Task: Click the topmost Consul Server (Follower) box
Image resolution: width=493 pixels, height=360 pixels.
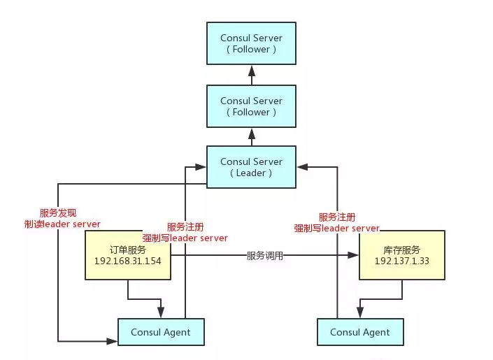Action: pyautogui.click(x=251, y=43)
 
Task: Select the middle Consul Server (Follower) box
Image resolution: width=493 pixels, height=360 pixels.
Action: pyautogui.click(x=251, y=106)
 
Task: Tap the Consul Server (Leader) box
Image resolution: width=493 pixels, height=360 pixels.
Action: pyautogui.click(x=251, y=167)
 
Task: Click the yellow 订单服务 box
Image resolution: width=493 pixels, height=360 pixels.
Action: pyautogui.click(x=127, y=255)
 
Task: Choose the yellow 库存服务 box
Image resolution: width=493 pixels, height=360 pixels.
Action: pyautogui.click(x=402, y=255)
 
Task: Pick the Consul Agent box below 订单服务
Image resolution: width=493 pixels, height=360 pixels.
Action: pyautogui.click(x=160, y=332)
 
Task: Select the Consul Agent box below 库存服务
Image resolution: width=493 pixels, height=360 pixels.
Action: pyautogui.click(x=359, y=332)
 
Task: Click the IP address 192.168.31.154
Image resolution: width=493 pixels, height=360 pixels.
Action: pyautogui.click(x=127, y=261)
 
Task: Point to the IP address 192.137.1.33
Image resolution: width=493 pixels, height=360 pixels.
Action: pyautogui.click(x=402, y=261)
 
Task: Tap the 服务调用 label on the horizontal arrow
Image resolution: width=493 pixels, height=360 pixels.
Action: pyautogui.click(x=265, y=256)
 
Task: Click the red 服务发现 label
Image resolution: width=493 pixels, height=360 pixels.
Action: pyautogui.click(x=62, y=213)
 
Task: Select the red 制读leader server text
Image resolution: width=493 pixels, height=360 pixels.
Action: pyautogui.click(x=62, y=224)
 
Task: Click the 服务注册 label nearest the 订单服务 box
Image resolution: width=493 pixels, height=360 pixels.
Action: pyautogui.click(x=185, y=227)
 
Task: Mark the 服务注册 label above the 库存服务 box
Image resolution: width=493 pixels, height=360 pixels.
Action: pyautogui.click(x=336, y=217)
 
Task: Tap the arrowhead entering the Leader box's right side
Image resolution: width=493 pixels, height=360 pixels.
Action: pyautogui.click(x=301, y=167)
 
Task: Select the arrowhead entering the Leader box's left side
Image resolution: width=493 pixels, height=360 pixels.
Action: pyautogui.click(x=201, y=167)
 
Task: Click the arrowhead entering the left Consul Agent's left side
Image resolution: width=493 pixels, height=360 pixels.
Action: pyautogui.click(x=113, y=341)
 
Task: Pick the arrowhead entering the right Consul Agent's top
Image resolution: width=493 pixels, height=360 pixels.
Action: pyautogui.click(x=359, y=314)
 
